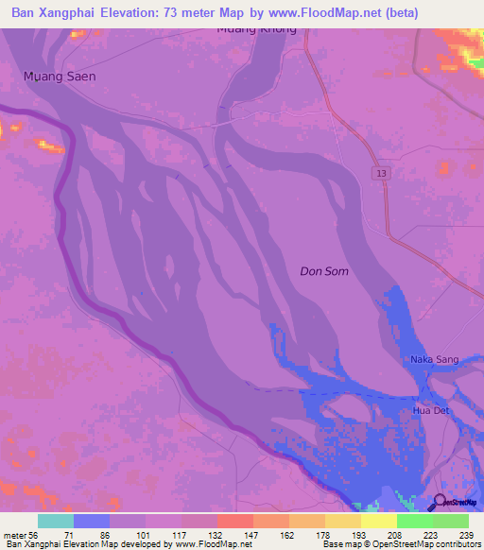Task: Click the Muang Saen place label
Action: [60, 76]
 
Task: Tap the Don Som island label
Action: [324, 271]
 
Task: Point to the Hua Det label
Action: [430, 412]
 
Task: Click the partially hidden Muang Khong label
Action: [256, 30]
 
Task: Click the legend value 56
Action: [38, 535]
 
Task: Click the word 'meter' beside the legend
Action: [15, 535]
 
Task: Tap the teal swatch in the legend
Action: [56, 521]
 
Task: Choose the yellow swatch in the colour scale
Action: [378, 521]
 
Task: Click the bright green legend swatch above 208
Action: [414, 521]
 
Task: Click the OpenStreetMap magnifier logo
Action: [439, 502]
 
